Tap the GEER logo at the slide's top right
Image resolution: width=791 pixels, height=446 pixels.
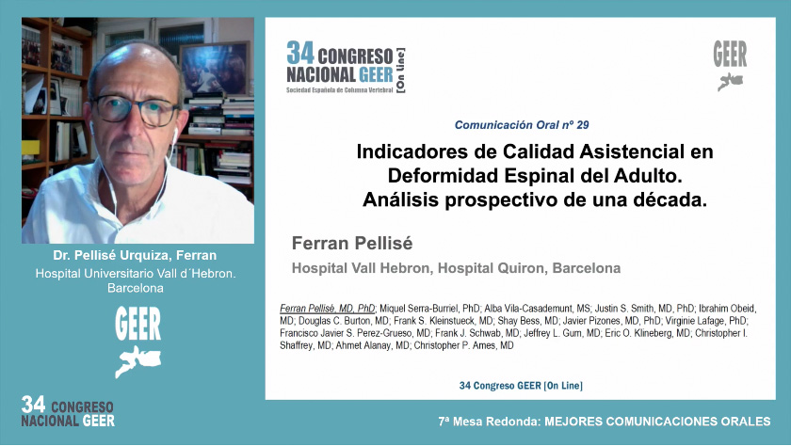pos(730,64)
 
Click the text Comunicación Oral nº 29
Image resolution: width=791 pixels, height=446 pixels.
pos(522,124)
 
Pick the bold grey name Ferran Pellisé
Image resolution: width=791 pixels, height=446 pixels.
pos(352,243)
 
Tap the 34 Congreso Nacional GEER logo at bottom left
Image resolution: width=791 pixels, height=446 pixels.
pos(68,411)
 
